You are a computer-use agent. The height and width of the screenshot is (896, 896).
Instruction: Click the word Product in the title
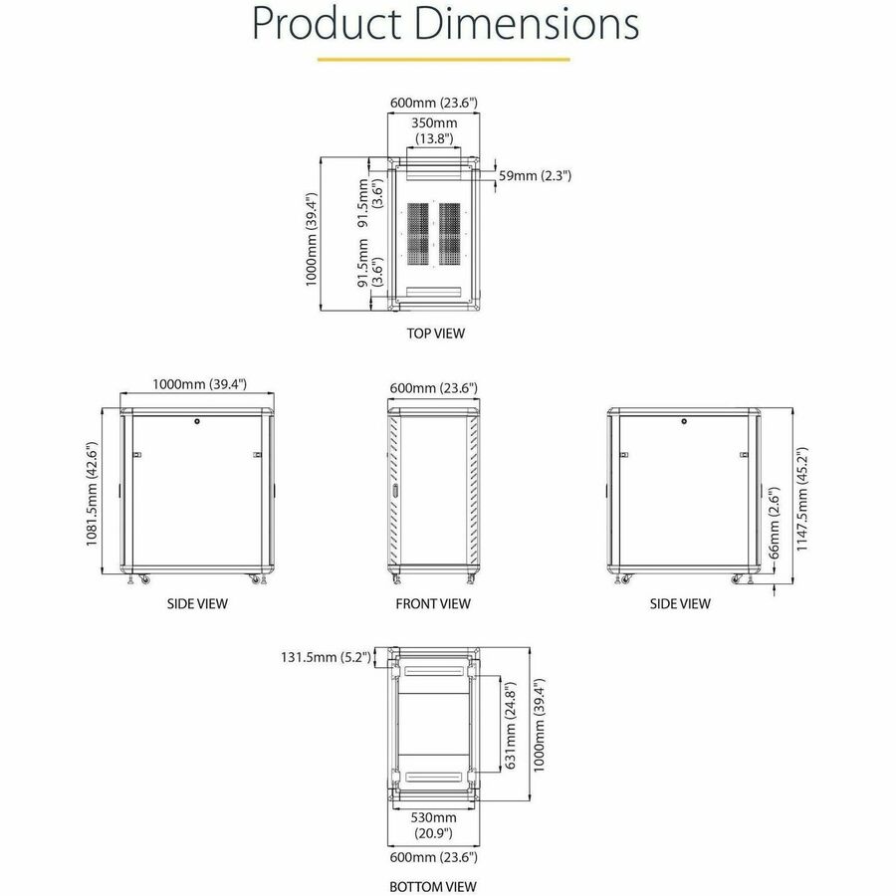pyautogui.click(x=318, y=22)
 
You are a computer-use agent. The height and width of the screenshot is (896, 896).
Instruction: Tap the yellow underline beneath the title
pyautogui.click(x=443, y=59)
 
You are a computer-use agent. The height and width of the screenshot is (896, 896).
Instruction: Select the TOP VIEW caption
pyautogui.click(x=435, y=334)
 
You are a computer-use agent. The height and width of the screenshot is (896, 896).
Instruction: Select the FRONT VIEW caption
pyautogui.click(x=434, y=603)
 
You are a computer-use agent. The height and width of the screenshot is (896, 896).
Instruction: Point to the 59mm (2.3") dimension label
pyautogui.click(x=535, y=176)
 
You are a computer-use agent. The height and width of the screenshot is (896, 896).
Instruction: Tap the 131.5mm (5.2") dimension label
pyautogui.click(x=327, y=657)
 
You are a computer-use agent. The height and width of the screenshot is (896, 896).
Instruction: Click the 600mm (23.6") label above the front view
pyautogui.click(x=434, y=387)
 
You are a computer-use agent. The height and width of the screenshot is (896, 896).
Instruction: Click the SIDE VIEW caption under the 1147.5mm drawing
pyautogui.click(x=681, y=603)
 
